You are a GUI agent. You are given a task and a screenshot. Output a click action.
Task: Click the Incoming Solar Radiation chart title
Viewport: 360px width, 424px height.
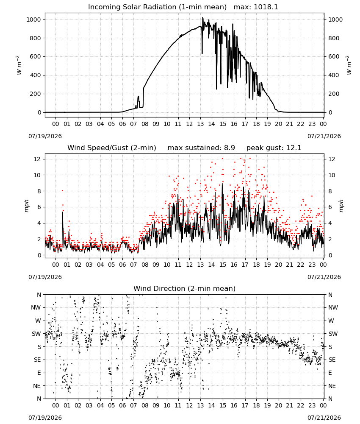point(157,7)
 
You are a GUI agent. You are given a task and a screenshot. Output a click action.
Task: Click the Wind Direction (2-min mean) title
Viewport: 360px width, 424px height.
point(185,288)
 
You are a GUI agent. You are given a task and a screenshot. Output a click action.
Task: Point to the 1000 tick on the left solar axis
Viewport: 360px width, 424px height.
point(33,20)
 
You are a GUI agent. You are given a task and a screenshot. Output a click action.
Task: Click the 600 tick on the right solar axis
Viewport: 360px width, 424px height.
point(334,56)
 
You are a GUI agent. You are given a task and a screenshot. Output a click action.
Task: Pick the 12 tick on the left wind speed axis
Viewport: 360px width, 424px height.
point(37,159)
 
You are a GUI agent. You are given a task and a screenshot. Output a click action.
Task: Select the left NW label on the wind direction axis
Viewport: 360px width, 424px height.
point(36,307)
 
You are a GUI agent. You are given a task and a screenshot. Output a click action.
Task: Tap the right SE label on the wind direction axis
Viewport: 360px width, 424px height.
point(332,360)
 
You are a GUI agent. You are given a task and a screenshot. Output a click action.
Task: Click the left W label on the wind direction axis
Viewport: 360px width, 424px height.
point(38,321)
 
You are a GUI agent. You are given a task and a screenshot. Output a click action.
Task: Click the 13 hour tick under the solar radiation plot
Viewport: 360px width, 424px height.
point(200,124)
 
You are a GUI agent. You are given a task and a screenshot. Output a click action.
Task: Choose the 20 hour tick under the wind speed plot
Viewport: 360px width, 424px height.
point(278,265)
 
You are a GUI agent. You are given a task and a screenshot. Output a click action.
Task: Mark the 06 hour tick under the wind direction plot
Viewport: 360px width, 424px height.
point(122,405)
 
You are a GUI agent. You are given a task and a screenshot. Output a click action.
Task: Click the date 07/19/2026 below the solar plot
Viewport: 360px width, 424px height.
point(45,136)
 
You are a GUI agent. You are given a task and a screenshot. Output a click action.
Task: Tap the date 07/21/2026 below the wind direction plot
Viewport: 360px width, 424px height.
point(324,418)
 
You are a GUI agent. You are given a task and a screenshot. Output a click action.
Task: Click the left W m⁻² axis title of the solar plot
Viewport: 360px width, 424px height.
point(19,65)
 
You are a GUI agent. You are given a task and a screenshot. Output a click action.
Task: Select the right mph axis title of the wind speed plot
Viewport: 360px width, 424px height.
point(341,206)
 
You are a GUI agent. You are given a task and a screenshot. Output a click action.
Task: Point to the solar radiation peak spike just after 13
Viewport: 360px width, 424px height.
point(203,18)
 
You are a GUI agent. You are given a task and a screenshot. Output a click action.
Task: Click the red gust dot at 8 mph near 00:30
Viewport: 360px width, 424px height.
point(62,191)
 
